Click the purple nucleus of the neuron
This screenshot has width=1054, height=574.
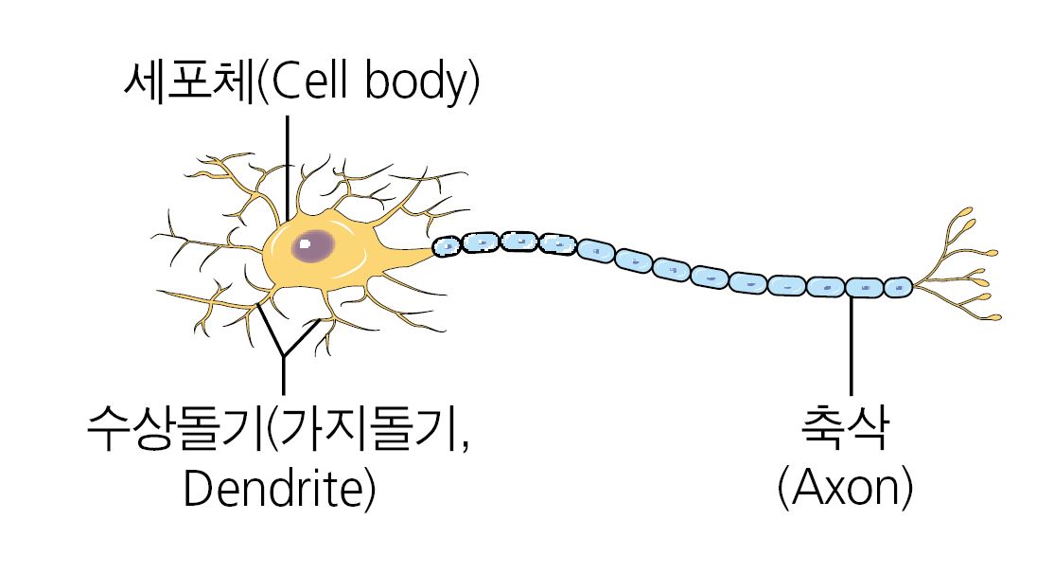tap(312, 247)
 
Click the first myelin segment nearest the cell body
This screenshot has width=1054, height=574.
tap(447, 246)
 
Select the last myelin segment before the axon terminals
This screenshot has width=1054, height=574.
tap(898, 286)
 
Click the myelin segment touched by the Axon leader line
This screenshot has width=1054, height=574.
tap(862, 286)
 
